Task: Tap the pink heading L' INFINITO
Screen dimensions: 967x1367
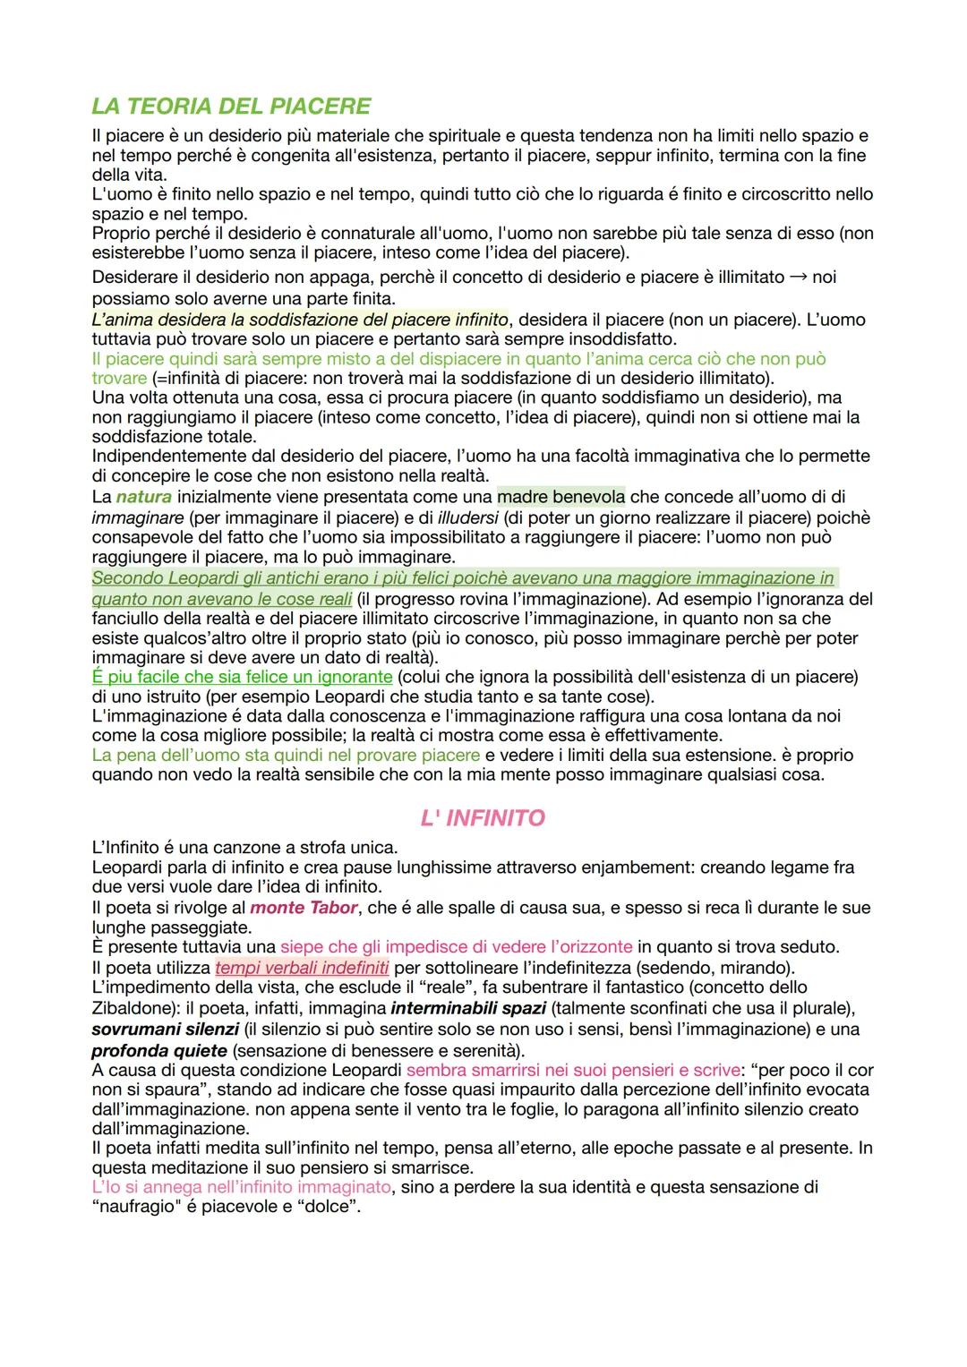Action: (x=483, y=818)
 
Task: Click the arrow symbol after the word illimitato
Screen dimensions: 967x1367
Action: (x=798, y=278)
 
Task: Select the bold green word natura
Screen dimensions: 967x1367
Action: (x=143, y=497)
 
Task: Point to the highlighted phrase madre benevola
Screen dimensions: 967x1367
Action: (x=561, y=497)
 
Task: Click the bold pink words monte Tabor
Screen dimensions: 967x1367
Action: (x=304, y=908)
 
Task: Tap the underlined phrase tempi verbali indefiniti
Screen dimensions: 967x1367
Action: (x=303, y=968)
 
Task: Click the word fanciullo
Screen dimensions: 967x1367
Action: (x=128, y=619)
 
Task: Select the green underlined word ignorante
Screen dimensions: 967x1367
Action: (x=348, y=677)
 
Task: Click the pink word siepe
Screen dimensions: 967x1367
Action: (x=300, y=947)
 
